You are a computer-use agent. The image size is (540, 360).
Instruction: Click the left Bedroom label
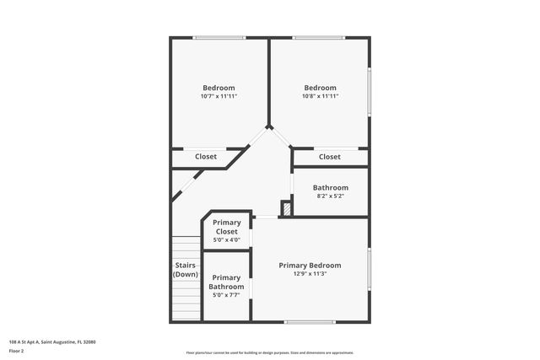(219, 88)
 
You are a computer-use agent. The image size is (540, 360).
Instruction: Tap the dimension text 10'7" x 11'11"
(219, 96)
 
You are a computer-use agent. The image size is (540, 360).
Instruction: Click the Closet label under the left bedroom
(206, 157)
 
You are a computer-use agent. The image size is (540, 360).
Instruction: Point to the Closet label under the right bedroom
(330, 157)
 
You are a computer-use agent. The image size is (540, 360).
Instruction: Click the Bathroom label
(330, 187)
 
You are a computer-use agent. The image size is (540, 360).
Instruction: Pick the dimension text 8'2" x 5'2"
(330, 196)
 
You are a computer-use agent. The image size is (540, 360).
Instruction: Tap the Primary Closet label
(226, 227)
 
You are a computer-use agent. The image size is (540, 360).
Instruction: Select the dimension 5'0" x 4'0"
(226, 240)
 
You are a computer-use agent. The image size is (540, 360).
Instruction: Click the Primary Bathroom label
(226, 282)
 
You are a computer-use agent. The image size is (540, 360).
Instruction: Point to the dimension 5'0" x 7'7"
(226, 295)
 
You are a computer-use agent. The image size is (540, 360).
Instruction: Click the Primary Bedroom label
(310, 265)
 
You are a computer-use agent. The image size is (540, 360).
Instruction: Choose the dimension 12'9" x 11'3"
(310, 274)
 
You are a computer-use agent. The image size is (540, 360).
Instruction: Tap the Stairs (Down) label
(186, 270)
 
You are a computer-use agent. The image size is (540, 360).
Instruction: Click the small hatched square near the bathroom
(286, 208)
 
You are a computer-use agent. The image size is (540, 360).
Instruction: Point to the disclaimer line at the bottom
(269, 352)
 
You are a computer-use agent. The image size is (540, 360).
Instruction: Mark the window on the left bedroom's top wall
(219, 37)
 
